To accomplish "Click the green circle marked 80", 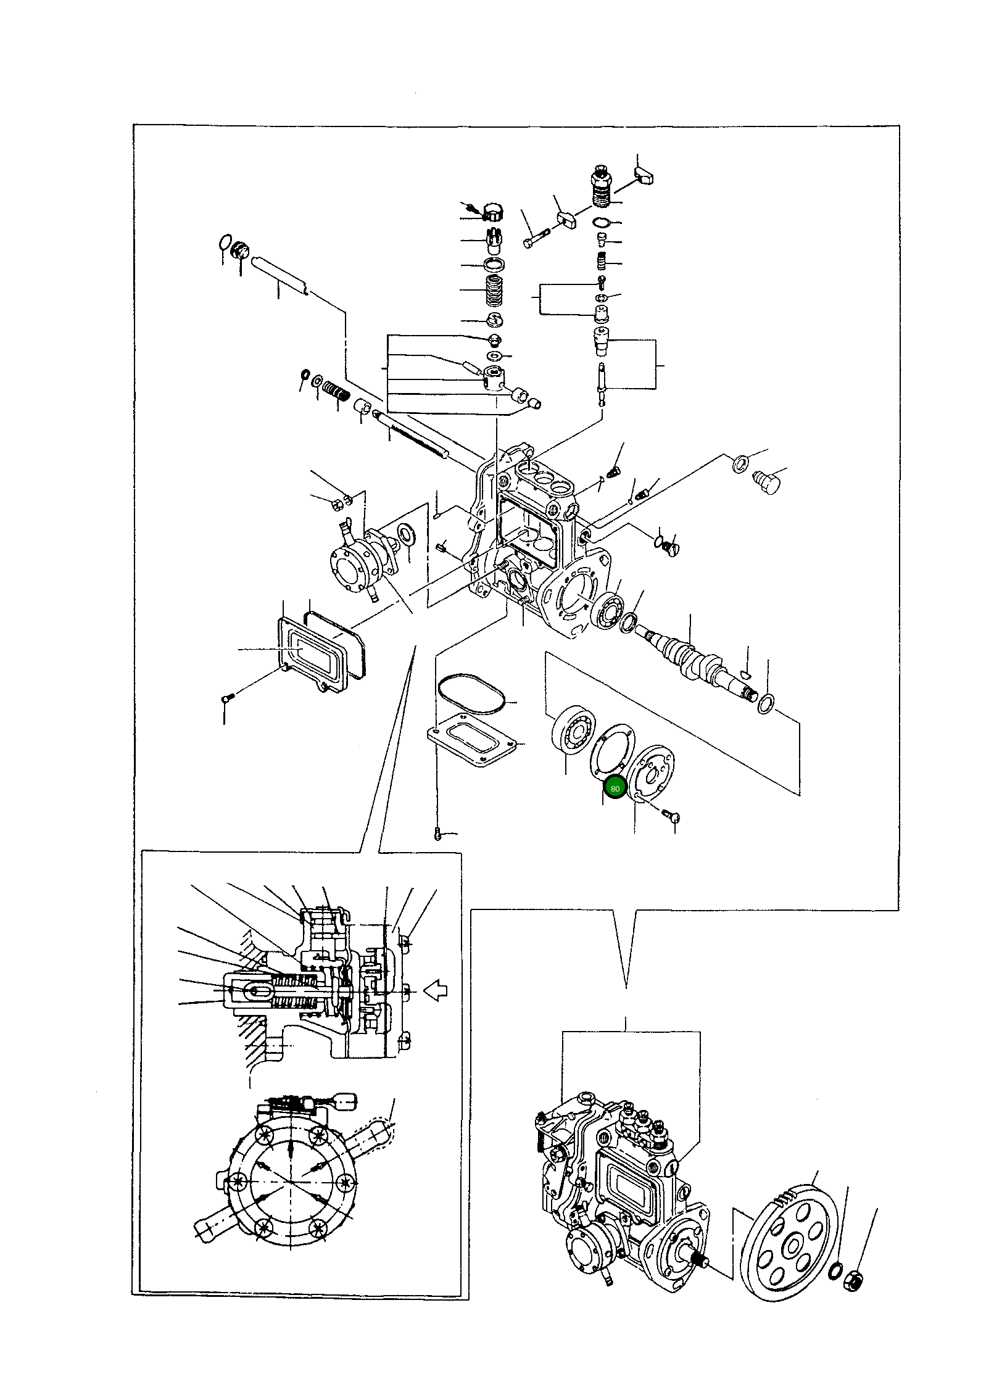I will [x=615, y=789].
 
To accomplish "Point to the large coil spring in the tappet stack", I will [x=493, y=290].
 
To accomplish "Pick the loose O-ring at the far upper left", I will [x=226, y=241].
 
